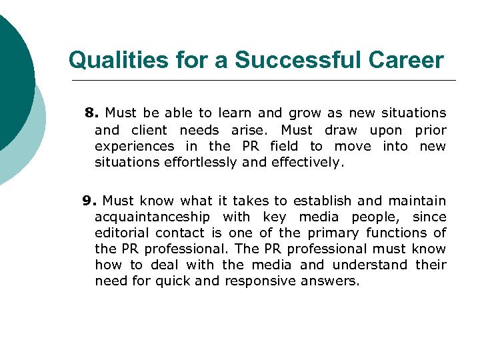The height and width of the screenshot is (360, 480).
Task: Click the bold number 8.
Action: [92, 113]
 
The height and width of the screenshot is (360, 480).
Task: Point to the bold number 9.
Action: [89, 201]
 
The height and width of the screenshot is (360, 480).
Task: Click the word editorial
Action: [122, 233]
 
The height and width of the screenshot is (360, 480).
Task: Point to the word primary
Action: [331, 233]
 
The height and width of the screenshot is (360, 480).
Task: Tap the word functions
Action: [398, 233]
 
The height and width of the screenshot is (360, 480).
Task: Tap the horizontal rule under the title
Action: [260, 80]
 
